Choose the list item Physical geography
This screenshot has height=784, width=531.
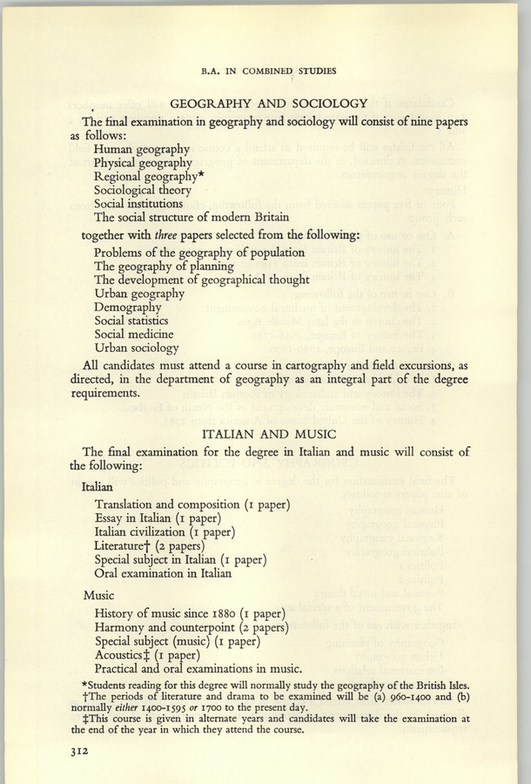143,162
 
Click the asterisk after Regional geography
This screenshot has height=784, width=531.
200,174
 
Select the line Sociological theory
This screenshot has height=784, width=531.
144,189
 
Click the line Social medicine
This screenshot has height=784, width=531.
133,335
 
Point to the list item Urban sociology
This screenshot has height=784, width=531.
137,348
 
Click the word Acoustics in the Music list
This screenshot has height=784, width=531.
123,655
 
